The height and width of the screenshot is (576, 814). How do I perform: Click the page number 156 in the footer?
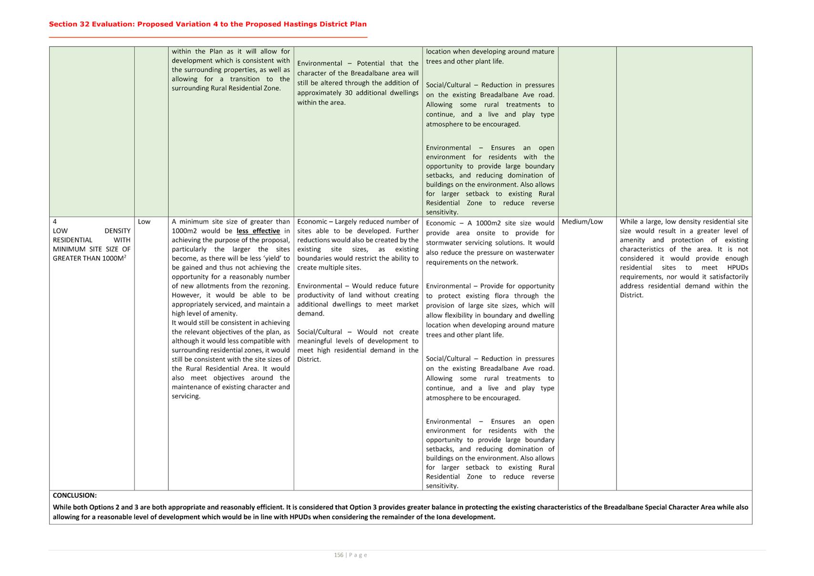[339, 555]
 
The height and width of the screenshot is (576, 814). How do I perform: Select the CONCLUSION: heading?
[74, 495]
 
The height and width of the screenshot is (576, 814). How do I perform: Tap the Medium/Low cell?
[582, 222]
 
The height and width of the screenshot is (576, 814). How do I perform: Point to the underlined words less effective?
[258, 231]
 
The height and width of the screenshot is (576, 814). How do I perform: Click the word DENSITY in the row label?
[117, 231]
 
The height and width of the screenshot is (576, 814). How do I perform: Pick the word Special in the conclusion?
[657, 507]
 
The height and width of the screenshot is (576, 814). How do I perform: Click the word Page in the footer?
[358, 555]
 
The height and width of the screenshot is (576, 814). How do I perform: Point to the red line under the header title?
[208, 37]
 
